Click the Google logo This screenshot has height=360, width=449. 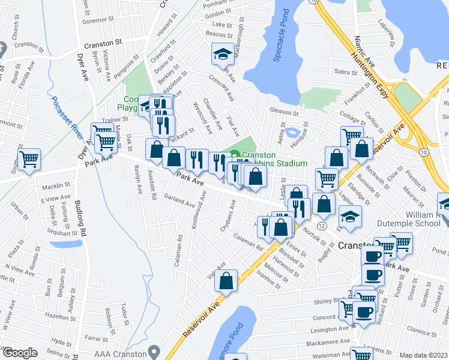coord(20,353)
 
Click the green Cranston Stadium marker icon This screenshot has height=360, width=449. coord(235,155)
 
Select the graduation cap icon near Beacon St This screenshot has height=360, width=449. coord(222,55)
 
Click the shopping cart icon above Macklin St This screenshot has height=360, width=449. coord(29,159)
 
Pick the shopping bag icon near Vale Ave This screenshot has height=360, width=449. coord(227,280)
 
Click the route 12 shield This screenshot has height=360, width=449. coord(322,226)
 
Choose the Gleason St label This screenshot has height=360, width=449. coord(284,112)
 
